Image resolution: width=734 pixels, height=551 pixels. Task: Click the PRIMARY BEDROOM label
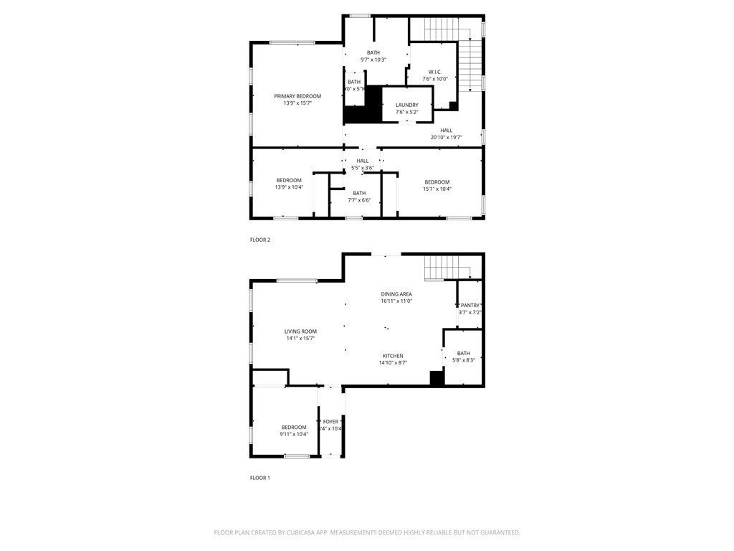coord(297,96)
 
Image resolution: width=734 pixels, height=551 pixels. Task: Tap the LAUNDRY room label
coord(406,105)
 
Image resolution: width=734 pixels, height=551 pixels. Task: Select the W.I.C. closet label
coord(434,72)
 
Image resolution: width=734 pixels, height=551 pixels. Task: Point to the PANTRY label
coord(470,306)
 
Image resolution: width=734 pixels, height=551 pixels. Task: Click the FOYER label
coord(330,422)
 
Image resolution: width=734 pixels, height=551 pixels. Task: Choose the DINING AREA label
coord(396,294)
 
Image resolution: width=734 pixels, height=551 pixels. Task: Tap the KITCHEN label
coord(393,356)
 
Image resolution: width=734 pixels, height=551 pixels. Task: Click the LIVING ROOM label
coord(300,331)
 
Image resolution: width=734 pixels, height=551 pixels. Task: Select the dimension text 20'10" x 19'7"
coord(446,138)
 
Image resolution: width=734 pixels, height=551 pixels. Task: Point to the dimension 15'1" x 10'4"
coord(437,189)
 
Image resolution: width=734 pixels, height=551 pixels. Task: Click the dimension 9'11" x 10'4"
coord(294,434)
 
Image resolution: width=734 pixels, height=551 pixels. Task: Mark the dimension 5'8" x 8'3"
coord(464,360)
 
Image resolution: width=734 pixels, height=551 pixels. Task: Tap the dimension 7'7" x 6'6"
coord(359,200)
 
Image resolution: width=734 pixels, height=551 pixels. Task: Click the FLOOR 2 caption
coord(260,240)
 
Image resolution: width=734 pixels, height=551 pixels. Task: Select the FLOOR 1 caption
coord(260,477)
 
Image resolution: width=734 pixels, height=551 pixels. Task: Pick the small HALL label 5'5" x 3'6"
coord(363,161)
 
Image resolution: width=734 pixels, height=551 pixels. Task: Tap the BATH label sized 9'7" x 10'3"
coord(373,52)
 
